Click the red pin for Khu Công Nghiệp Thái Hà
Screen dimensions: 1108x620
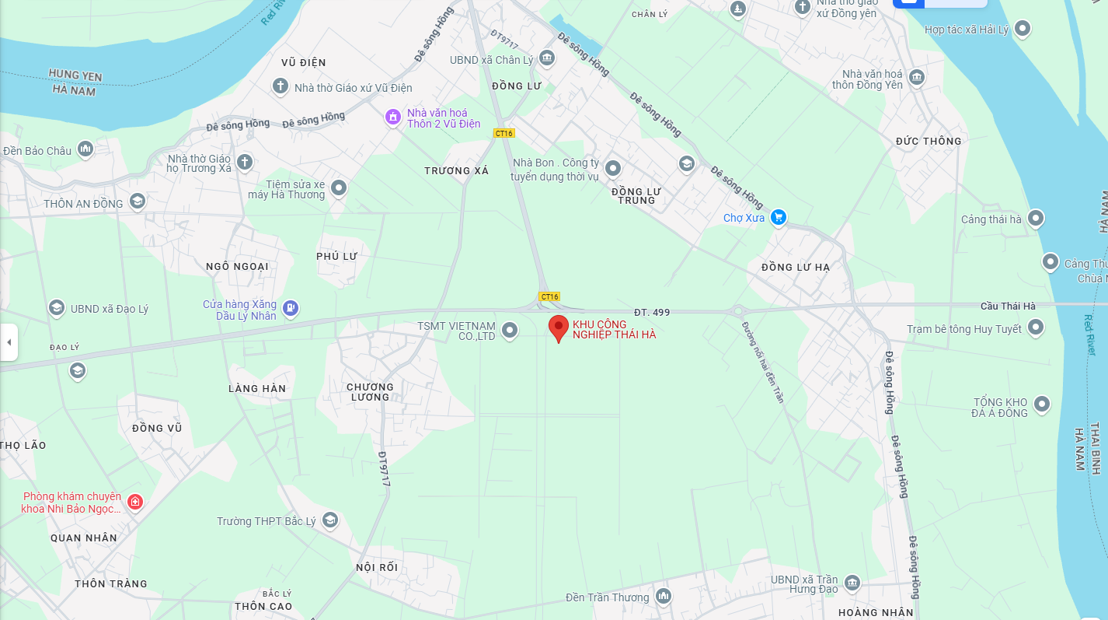(x=558, y=328)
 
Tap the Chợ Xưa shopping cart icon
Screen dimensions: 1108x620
(x=779, y=218)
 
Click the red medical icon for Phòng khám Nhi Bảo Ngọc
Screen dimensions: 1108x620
(x=135, y=502)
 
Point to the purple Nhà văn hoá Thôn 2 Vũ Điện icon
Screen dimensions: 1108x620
(x=394, y=117)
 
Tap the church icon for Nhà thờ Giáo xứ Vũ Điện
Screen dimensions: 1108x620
(x=280, y=86)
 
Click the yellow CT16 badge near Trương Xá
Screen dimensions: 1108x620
(x=504, y=133)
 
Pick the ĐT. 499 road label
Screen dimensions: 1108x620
(x=651, y=312)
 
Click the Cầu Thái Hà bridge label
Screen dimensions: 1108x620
(x=1008, y=306)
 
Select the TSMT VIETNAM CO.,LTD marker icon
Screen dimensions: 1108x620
(x=510, y=331)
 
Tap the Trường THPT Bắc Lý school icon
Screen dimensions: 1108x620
(x=330, y=520)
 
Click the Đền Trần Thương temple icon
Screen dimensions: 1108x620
(x=663, y=597)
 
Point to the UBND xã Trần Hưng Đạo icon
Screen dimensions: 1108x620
(x=852, y=583)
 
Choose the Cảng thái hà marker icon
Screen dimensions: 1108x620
(x=1036, y=219)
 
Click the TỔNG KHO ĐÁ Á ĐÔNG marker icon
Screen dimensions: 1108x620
(x=1042, y=405)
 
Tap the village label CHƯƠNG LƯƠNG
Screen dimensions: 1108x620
(x=370, y=391)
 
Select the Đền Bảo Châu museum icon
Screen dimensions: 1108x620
(x=85, y=149)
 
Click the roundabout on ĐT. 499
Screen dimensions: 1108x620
(x=737, y=311)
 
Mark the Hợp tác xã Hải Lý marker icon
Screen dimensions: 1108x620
(x=1023, y=30)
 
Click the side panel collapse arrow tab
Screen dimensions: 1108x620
(x=9, y=342)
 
